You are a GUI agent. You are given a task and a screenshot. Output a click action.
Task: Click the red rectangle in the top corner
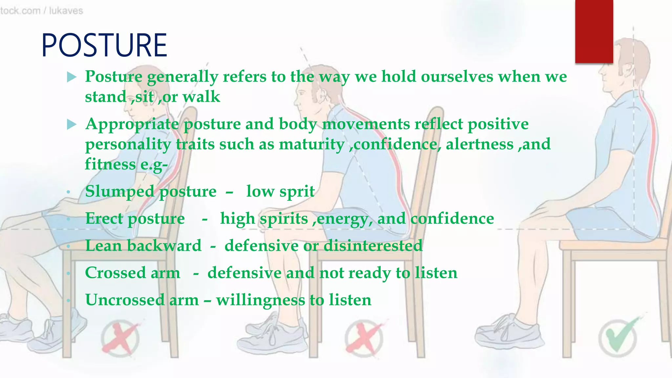[594, 31]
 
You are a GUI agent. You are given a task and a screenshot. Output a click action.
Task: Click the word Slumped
[120, 192]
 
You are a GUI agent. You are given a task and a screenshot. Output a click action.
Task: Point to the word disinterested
[373, 245]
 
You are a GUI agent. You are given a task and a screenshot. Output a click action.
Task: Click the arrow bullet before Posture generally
[72, 77]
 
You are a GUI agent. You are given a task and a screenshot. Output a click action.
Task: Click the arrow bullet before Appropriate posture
[72, 125]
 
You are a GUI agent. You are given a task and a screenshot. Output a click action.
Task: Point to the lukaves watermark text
[66, 11]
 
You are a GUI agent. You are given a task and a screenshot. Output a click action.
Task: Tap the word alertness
[479, 144]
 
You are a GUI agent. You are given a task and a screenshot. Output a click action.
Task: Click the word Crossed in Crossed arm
[115, 273]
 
